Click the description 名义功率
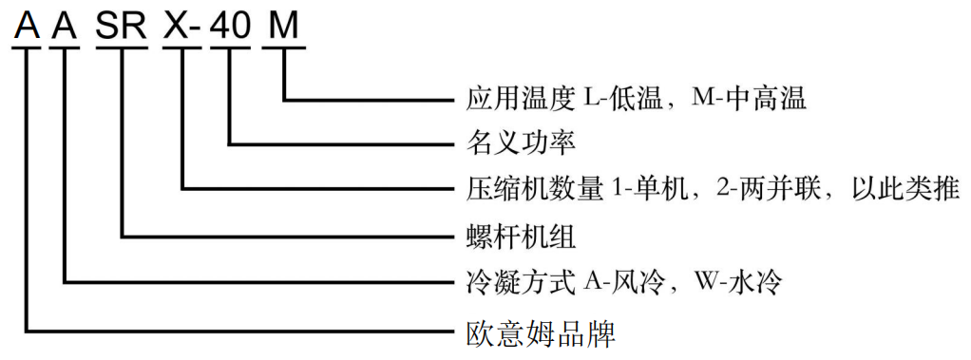point(523,143)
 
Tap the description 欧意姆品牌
point(536,332)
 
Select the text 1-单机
point(647,189)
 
